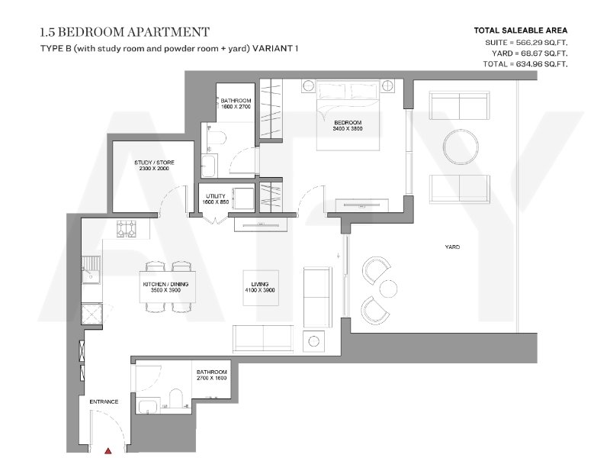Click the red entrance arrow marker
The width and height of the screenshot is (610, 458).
point(108,451)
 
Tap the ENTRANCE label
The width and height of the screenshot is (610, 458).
point(104,402)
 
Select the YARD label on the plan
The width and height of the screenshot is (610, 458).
point(452,247)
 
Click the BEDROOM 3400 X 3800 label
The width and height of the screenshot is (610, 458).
point(348,125)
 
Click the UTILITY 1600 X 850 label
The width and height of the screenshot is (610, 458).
point(216,199)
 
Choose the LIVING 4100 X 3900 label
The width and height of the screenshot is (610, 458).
point(260,288)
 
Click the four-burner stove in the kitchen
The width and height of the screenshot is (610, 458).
point(127,228)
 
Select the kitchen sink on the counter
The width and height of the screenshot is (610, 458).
point(91,270)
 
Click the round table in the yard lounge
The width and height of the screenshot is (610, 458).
point(461,147)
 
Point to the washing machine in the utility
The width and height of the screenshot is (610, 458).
point(242,199)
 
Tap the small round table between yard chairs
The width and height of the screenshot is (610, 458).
point(388,289)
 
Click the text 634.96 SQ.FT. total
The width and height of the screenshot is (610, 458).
point(541,64)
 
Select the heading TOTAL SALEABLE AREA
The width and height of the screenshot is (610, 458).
point(521,31)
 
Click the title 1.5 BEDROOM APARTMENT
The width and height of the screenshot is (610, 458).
point(124,32)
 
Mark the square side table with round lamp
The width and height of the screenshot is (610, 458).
point(313,341)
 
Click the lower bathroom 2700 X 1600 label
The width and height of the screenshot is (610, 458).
point(212,378)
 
